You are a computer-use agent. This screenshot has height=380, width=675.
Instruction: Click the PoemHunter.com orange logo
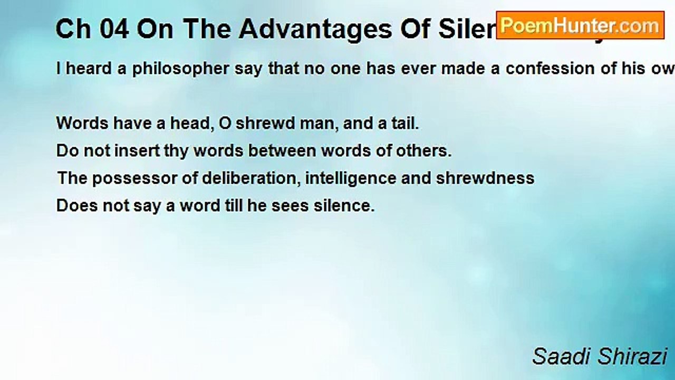click(580, 25)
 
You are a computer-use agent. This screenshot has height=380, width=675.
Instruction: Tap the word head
click(187, 123)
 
